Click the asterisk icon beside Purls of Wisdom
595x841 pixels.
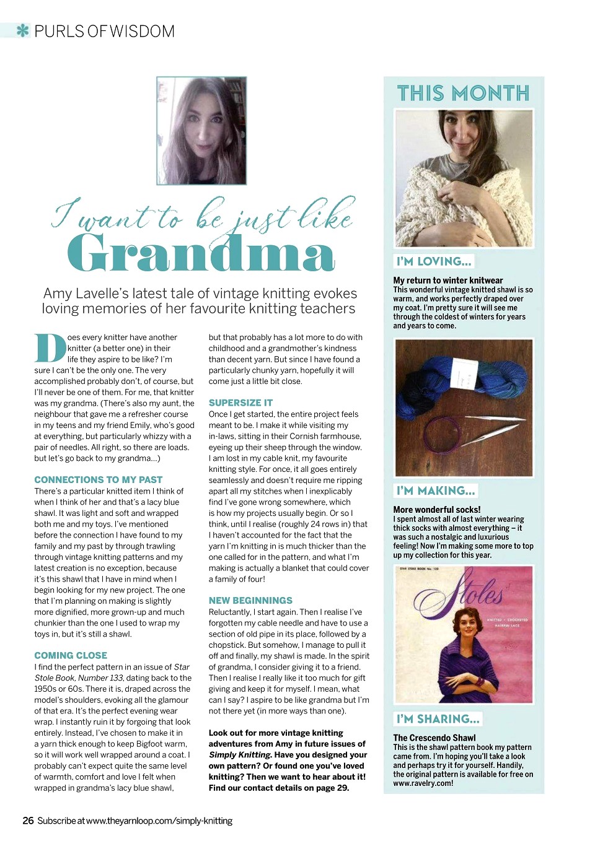(23, 30)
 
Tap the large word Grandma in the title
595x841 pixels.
(201, 253)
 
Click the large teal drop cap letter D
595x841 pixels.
(50, 349)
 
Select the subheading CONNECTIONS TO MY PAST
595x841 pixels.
(98, 480)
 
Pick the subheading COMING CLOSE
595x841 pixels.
(71, 655)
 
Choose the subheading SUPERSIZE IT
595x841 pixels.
(240, 403)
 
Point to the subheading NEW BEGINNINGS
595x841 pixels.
(250, 601)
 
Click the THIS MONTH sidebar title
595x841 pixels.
(463, 94)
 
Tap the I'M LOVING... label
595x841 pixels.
(434, 261)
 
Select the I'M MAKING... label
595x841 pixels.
(436, 491)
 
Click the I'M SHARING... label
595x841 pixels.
(438, 719)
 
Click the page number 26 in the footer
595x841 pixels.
(28, 821)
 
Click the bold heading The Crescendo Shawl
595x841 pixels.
(434, 738)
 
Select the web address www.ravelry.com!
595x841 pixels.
(423, 783)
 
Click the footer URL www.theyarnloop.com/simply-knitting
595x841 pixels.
(159, 821)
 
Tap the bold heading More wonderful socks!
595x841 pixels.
(436, 510)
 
